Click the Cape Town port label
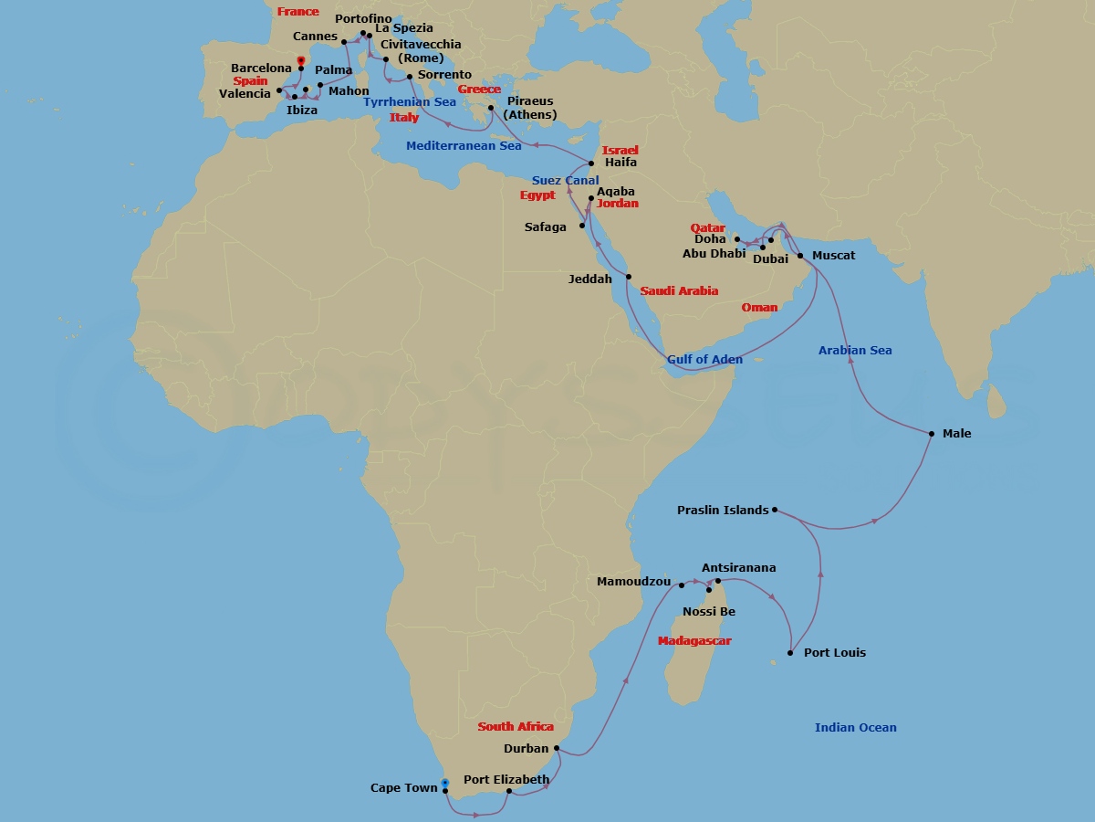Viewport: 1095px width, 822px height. pyautogui.click(x=402, y=788)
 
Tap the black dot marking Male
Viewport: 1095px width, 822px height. pyautogui.click(x=932, y=434)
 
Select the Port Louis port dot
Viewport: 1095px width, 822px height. pyautogui.click(x=790, y=653)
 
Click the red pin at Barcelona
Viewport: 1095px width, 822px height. pyautogui.click(x=301, y=61)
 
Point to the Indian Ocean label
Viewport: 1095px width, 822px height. pyautogui.click(x=855, y=728)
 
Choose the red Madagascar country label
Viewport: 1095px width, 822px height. pyautogui.click(x=694, y=641)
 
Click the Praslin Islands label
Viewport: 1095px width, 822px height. pyautogui.click(x=723, y=511)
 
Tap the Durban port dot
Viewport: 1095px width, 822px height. pyautogui.click(x=557, y=748)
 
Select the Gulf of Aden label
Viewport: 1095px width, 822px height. pyautogui.click(x=704, y=360)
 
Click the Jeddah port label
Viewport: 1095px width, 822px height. pyautogui.click(x=589, y=279)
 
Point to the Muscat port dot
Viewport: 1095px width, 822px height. pyautogui.click(x=800, y=256)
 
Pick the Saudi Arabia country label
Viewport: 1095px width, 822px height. pyautogui.click(x=679, y=291)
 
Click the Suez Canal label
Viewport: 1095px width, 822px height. pyautogui.click(x=566, y=181)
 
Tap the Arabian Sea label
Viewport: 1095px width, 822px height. pyautogui.click(x=855, y=351)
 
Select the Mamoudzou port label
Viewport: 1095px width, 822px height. pyautogui.click(x=633, y=582)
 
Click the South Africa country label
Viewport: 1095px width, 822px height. pyautogui.click(x=516, y=727)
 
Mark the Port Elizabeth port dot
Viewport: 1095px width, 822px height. pyautogui.click(x=509, y=791)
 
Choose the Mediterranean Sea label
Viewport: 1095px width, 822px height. pyautogui.click(x=464, y=146)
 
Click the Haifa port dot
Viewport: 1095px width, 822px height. pyautogui.click(x=591, y=163)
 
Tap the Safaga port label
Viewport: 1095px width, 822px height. pyautogui.click(x=545, y=227)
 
